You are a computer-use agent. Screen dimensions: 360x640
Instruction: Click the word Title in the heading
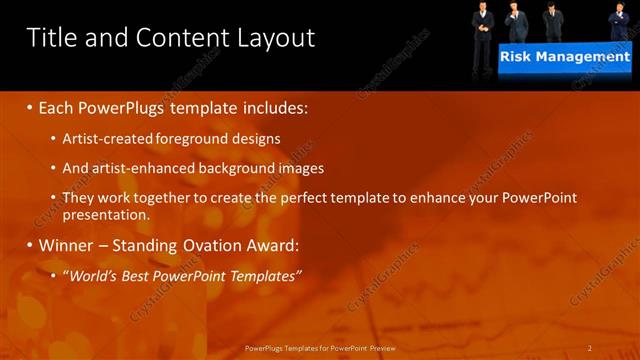(51, 38)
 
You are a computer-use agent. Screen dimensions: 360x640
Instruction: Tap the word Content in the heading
(177, 38)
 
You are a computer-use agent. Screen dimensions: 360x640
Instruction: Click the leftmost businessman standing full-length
(483, 22)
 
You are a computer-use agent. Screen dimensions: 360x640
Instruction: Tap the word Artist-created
(107, 137)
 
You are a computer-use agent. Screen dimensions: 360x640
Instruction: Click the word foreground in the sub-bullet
(199, 137)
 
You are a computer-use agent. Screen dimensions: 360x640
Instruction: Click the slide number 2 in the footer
(590, 348)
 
